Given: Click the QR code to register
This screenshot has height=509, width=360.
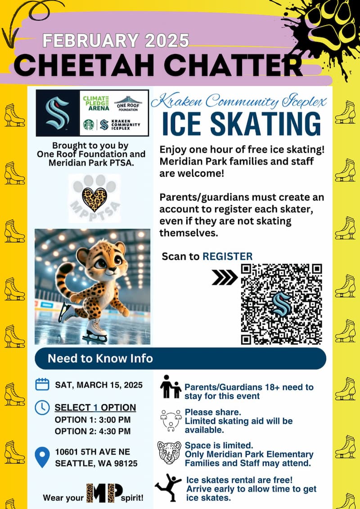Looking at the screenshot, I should click(281, 304).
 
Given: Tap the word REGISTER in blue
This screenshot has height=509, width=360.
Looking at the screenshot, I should click(227, 256).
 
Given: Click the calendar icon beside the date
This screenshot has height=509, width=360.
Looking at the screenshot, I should click(42, 384).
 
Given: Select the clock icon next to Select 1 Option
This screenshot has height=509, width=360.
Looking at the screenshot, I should click(42, 407).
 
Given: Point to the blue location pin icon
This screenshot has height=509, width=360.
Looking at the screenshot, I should click(42, 456).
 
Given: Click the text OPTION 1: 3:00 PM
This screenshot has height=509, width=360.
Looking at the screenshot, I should click(93, 420).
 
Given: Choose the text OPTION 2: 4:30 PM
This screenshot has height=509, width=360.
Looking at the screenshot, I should click(93, 431).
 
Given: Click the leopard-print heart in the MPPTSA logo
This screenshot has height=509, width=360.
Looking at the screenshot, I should click(94, 199).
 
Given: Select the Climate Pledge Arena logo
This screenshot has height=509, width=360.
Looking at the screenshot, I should click(96, 104).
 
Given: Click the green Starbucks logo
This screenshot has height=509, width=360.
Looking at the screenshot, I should click(89, 125).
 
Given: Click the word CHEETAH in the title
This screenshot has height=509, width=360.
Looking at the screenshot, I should click(90, 66).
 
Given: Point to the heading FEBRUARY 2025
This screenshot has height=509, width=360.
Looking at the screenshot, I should click(116, 40).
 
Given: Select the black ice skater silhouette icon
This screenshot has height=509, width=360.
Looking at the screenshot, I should click(168, 487).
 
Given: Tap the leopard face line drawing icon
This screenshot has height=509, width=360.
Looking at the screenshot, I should click(169, 452).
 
